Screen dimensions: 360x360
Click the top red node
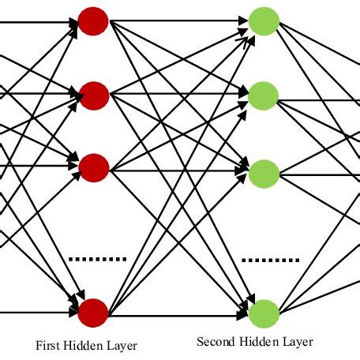(93, 21)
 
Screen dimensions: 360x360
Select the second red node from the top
(93, 94)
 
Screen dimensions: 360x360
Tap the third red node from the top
(93, 167)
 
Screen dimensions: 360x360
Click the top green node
(263, 21)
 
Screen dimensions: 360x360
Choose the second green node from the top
(263, 96)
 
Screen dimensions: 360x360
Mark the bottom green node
(263, 313)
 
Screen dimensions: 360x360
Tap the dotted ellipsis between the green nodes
(270, 259)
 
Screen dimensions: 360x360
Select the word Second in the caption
(214, 342)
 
